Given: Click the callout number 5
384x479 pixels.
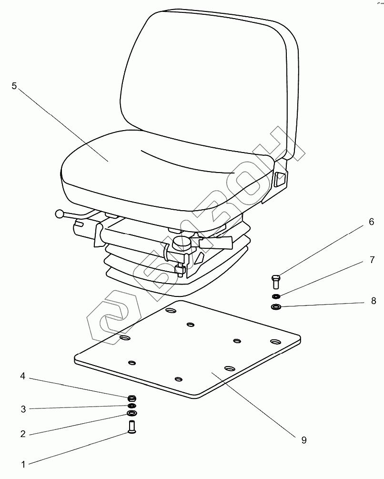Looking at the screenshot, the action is [x=14, y=86].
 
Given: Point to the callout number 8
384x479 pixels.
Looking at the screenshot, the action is [x=374, y=301].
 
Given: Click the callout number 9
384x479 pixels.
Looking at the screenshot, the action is [x=304, y=440].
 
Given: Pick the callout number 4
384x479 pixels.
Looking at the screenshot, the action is [x=22, y=377].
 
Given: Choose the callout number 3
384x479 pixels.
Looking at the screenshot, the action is [x=22, y=408].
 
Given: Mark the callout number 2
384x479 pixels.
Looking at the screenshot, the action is [x=22, y=434].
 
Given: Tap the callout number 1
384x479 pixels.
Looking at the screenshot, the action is [x=22, y=463].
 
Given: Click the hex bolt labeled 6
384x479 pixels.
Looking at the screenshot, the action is [x=276, y=282].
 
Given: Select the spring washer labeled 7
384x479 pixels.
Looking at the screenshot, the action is [x=276, y=297].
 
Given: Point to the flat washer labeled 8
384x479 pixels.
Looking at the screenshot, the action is [x=276, y=307].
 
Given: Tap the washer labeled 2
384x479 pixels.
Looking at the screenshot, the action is [x=131, y=413].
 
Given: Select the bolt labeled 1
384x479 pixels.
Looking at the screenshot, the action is [x=131, y=426].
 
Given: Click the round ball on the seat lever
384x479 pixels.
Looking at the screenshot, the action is [x=59, y=215].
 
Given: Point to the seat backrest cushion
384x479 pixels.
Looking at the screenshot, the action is [x=205, y=71].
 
